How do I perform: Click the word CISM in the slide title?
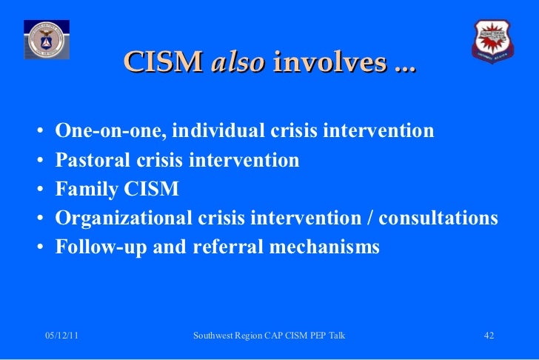click(x=164, y=63)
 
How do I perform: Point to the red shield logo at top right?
click(x=492, y=40)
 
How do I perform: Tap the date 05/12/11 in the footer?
click(x=62, y=336)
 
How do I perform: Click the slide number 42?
click(x=489, y=336)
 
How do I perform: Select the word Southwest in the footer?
click(x=214, y=336)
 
